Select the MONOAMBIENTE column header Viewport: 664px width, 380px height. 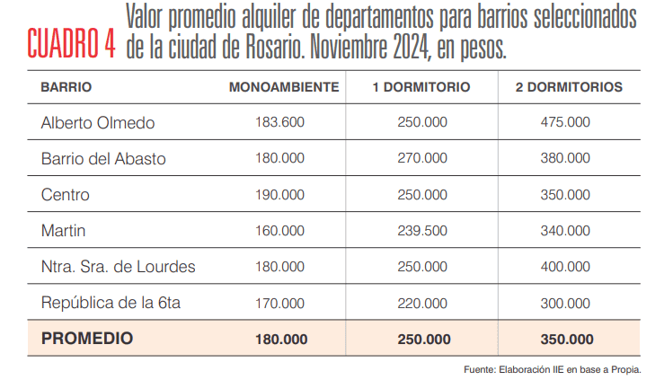284,87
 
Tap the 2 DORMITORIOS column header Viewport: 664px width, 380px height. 569,87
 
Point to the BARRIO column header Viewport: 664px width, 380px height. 66,87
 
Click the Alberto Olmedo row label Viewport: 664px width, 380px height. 98,122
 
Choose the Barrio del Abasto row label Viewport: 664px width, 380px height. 103,158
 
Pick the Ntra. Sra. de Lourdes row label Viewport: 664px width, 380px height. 118,267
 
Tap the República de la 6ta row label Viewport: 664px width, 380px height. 111,303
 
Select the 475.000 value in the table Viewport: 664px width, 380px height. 566,122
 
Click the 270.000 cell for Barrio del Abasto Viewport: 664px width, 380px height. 422,158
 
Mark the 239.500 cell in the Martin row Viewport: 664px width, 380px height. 422,231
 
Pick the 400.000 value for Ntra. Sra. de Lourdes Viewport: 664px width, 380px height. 566,267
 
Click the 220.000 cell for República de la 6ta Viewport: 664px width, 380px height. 422,303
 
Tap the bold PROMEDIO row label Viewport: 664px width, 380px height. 87,339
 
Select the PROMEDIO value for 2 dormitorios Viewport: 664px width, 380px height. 566,340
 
